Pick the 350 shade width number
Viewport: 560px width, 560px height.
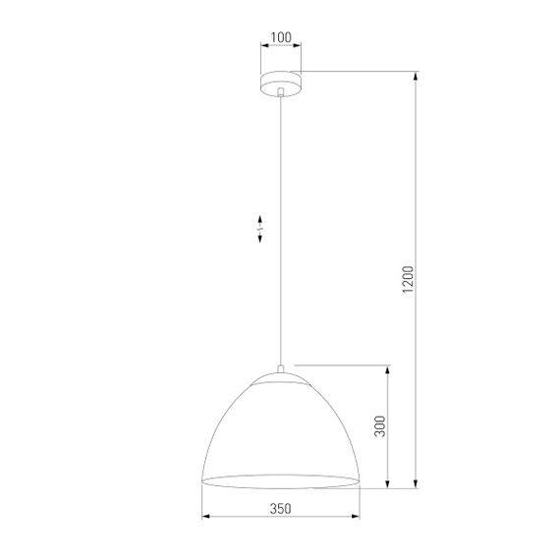[x=280, y=509]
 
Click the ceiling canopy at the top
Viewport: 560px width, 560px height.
[x=281, y=81]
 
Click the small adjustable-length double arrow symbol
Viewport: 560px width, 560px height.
[x=259, y=229]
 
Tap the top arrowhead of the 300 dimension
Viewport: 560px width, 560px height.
[x=390, y=367]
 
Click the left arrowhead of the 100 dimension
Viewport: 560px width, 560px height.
[x=262, y=46]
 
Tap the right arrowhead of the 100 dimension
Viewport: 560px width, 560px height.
[x=299, y=46]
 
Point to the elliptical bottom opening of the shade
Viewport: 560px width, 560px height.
[x=281, y=479]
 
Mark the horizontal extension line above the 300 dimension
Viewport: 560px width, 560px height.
[x=344, y=363]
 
